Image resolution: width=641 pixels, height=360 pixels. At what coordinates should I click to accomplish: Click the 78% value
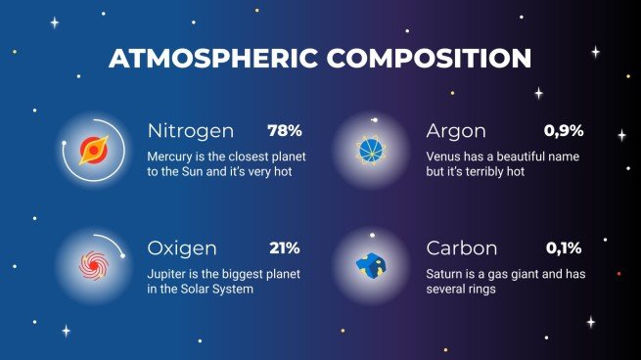284,130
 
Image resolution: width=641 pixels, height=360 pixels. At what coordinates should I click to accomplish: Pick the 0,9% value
564,130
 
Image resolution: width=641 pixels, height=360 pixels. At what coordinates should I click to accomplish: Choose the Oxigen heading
182,248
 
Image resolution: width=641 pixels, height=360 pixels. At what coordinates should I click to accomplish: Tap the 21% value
284,247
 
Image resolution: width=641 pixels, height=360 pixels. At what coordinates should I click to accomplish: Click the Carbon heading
462,248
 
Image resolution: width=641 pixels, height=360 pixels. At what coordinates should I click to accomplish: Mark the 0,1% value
564,247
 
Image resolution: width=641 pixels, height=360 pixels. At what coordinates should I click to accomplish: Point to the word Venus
446,156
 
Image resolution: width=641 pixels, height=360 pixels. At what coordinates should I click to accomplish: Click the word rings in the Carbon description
484,290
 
